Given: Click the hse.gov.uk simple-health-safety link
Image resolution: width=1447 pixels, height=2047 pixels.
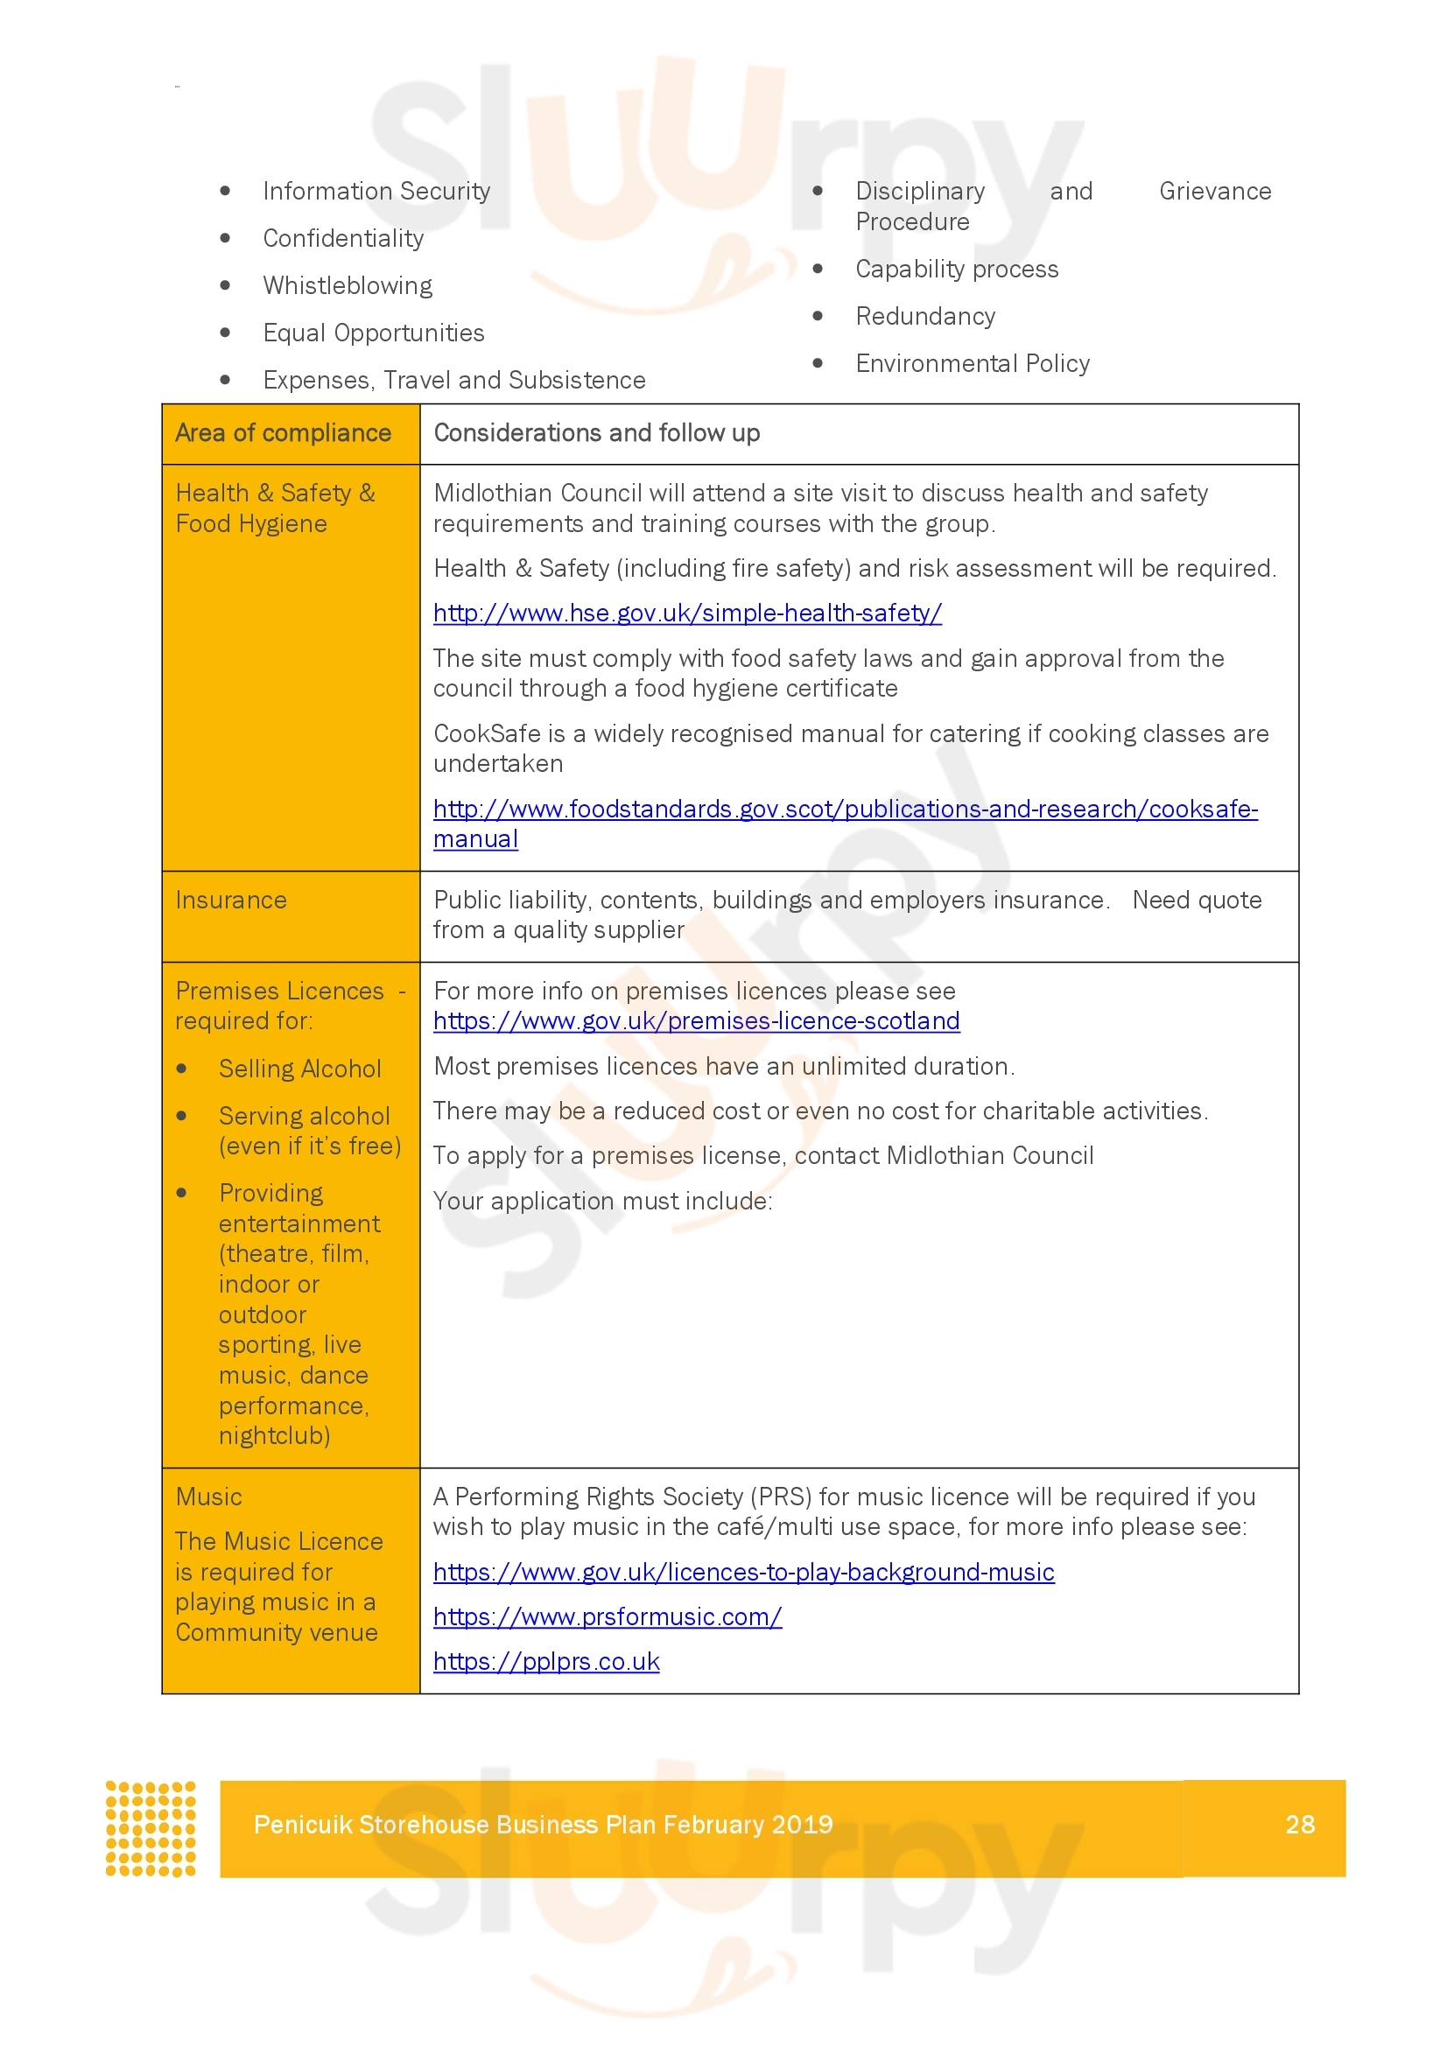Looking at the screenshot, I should click(686, 613).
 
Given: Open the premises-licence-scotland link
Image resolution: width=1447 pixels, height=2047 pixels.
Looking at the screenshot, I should click(696, 1020).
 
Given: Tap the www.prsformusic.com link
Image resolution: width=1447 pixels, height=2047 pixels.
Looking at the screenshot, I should click(608, 1616).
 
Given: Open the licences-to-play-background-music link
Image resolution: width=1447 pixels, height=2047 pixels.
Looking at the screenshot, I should click(743, 1572).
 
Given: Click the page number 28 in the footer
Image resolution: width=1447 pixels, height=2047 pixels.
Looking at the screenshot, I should click(1299, 1824).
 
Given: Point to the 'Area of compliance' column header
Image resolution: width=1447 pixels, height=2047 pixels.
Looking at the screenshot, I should click(283, 433).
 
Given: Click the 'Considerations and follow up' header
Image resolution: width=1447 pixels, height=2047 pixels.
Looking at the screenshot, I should click(596, 433).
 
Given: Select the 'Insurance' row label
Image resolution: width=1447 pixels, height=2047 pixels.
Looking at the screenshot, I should click(231, 901).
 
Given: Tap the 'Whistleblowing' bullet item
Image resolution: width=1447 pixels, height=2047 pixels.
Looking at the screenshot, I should click(347, 286).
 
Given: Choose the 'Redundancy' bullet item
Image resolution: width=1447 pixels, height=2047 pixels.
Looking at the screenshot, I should click(924, 317).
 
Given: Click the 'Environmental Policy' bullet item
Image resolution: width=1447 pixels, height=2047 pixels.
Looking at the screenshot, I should click(972, 364).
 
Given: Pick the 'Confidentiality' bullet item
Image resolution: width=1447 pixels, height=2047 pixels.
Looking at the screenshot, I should click(343, 239).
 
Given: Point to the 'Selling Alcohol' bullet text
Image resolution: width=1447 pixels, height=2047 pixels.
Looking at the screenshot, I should click(299, 1069).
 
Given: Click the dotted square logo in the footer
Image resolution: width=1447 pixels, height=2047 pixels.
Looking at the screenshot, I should click(151, 1828).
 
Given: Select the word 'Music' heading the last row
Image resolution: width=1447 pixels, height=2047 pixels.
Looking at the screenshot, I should click(208, 1497).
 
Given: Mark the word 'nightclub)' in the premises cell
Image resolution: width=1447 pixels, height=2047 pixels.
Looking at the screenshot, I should click(275, 1435).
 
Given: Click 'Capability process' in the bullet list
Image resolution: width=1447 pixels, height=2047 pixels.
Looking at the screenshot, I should click(957, 270).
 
